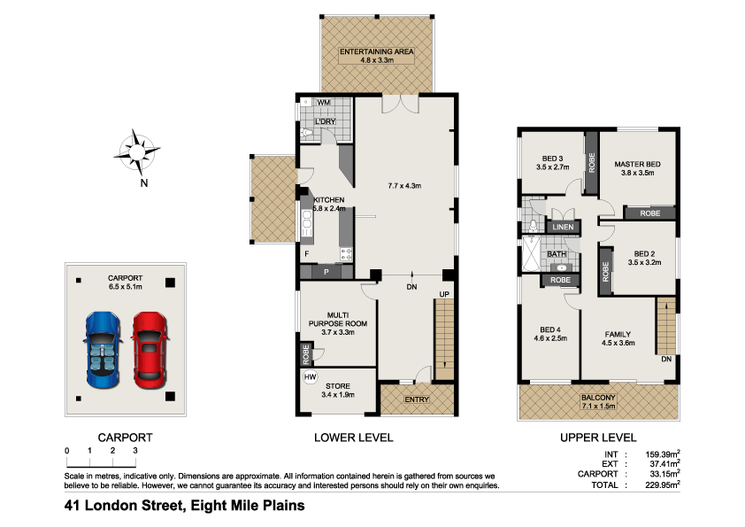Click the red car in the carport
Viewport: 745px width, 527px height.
coord(149,348)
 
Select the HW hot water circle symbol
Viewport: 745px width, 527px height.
coord(310,378)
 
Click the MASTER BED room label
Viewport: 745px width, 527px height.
coord(638,165)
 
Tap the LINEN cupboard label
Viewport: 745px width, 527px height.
coord(563,228)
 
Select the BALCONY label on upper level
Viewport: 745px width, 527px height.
coord(599,399)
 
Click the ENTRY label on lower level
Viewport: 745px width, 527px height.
coord(416,399)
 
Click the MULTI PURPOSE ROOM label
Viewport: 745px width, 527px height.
coord(337,319)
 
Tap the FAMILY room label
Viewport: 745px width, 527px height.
coord(618,334)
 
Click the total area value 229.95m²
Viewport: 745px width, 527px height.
coord(661,484)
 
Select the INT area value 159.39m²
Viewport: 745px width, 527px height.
coord(661,453)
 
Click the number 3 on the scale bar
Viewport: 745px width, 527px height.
coord(134,451)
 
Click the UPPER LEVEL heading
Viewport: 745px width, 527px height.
coord(598,438)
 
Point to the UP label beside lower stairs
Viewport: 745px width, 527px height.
coord(444,294)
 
